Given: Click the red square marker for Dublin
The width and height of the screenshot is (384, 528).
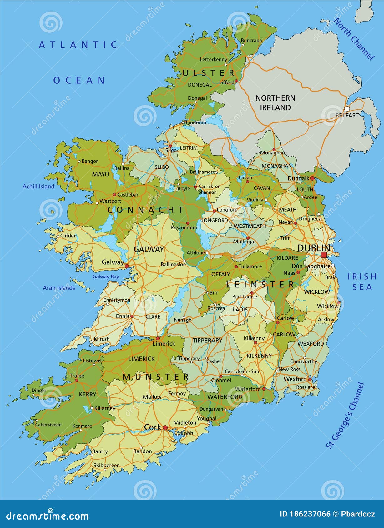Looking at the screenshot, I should click(x=324, y=255).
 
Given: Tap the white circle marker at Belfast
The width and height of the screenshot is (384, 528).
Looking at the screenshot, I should click(x=347, y=109).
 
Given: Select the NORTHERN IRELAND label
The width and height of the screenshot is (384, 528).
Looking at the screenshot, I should click(x=275, y=103).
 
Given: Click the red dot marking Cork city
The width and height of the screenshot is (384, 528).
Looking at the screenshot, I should click(x=165, y=428).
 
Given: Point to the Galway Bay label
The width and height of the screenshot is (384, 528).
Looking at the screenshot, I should click(x=106, y=276).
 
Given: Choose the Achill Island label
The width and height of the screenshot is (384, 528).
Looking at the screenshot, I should click(x=38, y=187).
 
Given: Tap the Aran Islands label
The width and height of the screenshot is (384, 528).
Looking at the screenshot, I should click(x=59, y=288).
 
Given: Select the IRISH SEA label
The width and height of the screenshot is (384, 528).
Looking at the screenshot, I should click(x=362, y=281).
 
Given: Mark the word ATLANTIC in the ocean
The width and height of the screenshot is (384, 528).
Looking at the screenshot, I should click(x=78, y=45).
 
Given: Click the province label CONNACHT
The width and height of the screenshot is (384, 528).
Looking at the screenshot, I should click(x=146, y=210).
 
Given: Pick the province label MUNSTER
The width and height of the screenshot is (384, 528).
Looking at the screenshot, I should click(x=156, y=377).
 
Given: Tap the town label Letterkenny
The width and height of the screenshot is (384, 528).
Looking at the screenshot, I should click(x=213, y=59).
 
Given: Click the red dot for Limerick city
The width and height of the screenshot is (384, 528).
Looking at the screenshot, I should click(x=158, y=338).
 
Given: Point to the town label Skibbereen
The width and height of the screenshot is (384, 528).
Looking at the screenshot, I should click(x=106, y=465).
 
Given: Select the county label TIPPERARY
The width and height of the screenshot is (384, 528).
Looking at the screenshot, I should click(x=207, y=341).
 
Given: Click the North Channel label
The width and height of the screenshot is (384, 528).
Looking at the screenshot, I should click(x=354, y=39).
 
